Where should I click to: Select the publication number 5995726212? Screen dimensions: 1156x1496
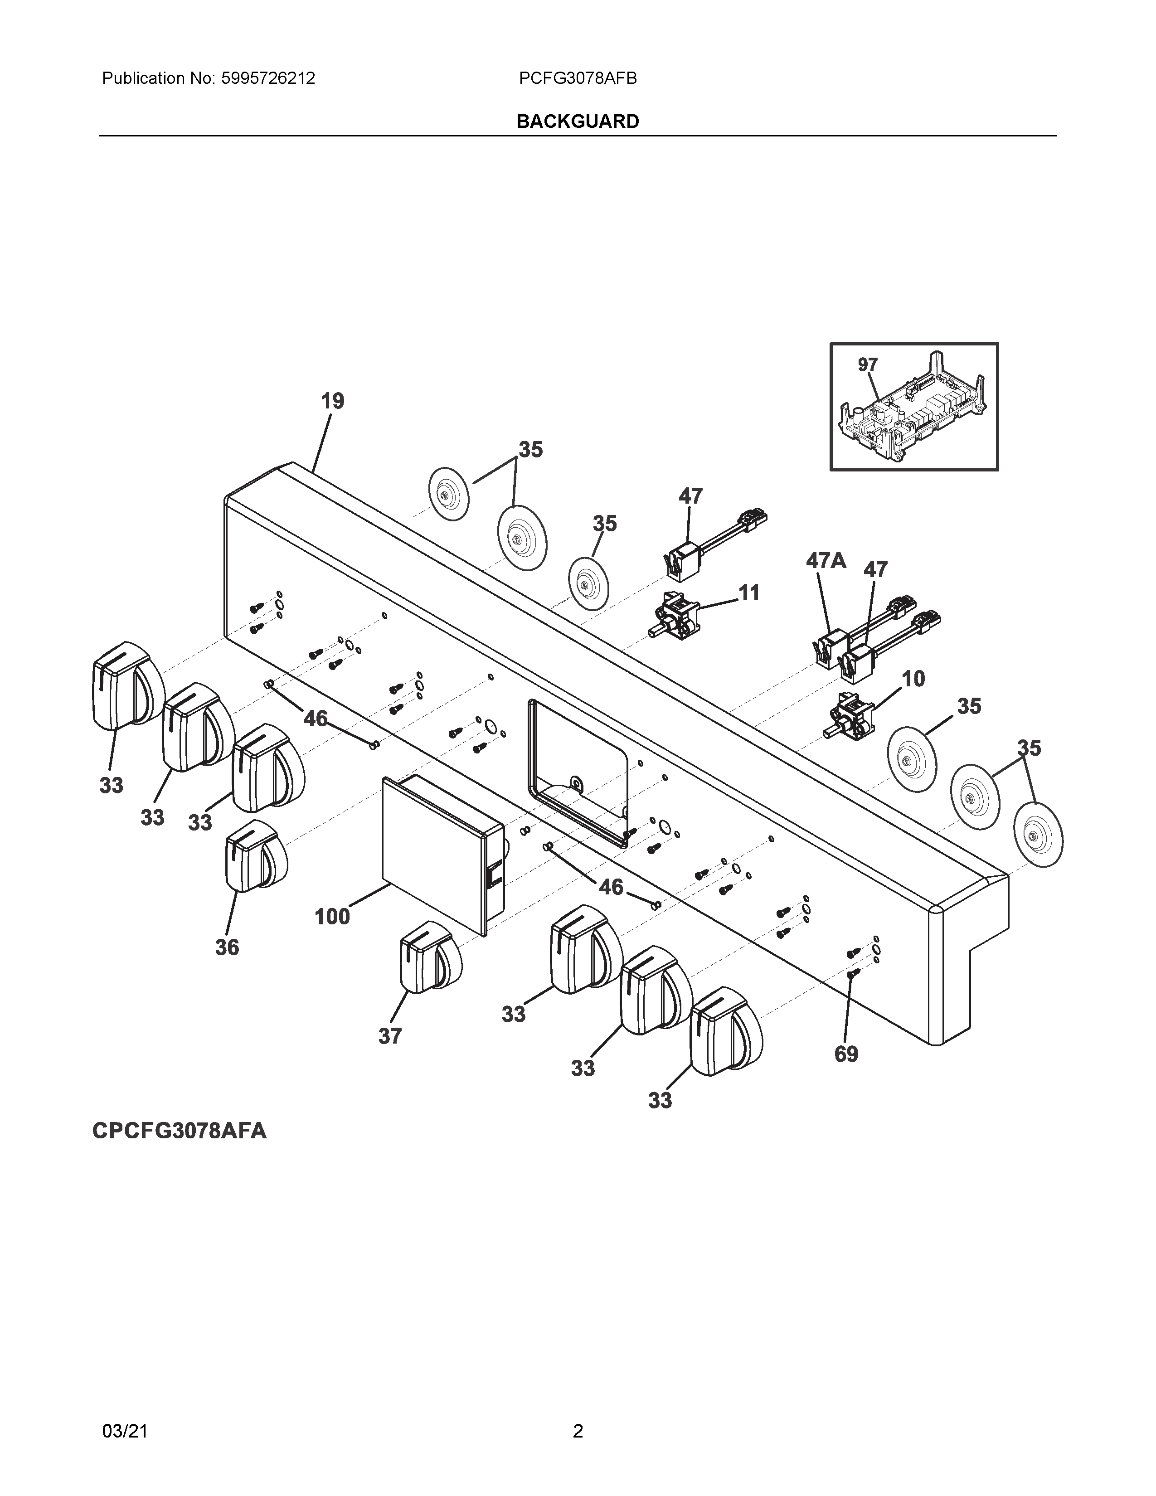[x=268, y=79]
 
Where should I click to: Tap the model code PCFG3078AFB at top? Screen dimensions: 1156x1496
[x=577, y=79]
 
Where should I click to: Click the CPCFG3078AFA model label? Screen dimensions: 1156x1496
[x=180, y=1130]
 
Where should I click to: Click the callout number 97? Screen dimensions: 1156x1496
[x=868, y=365]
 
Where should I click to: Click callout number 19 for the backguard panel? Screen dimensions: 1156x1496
[x=333, y=401]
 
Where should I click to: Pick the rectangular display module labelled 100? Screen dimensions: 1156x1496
[x=442, y=853]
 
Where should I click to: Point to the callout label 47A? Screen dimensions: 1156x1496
[x=826, y=561]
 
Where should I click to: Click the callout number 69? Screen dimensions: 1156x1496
[x=846, y=1054]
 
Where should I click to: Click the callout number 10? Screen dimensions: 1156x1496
[x=913, y=679]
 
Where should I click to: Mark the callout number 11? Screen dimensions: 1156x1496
[x=749, y=593]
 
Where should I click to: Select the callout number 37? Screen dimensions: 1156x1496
[x=390, y=1036]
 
